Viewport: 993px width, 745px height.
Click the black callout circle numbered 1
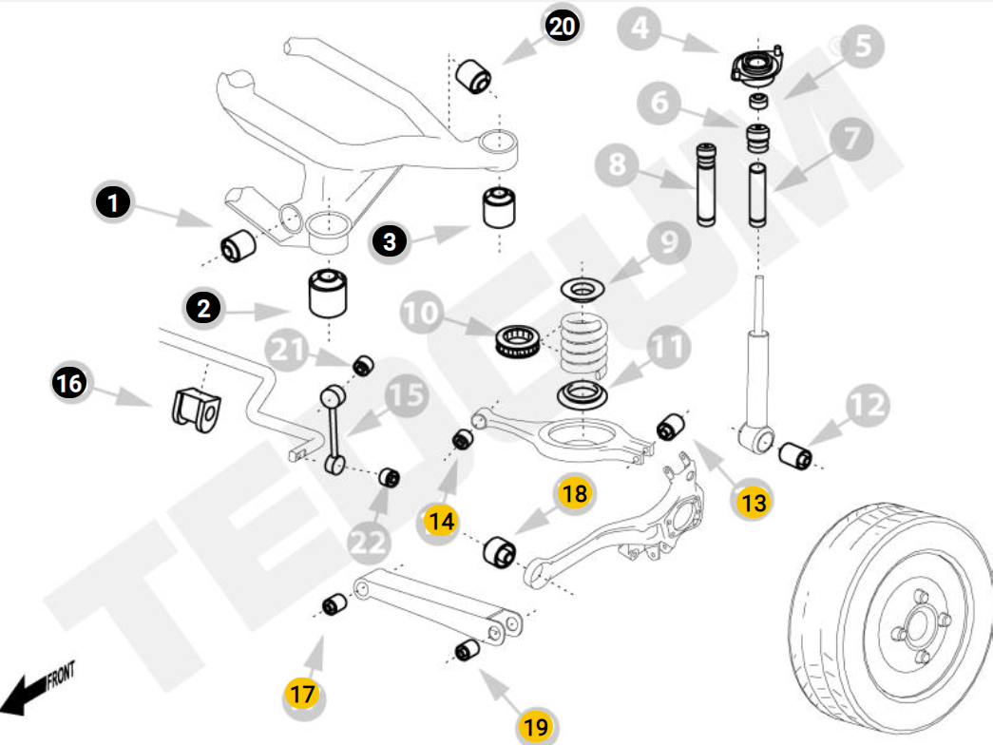(x=112, y=202)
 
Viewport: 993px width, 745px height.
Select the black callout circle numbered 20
(x=562, y=26)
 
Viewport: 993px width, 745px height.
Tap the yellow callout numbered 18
(x=574, y=492)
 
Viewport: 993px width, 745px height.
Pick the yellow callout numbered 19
(x=536, y=726)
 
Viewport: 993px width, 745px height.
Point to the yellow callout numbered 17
(x=302, y=694)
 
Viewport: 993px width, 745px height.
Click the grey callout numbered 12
(x=866, y=406)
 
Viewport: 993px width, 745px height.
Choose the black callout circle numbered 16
(x=68, y=384)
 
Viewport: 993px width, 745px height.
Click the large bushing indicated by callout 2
(x=327, y=295)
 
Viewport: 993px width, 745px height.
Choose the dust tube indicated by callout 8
(x=706, y=184)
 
